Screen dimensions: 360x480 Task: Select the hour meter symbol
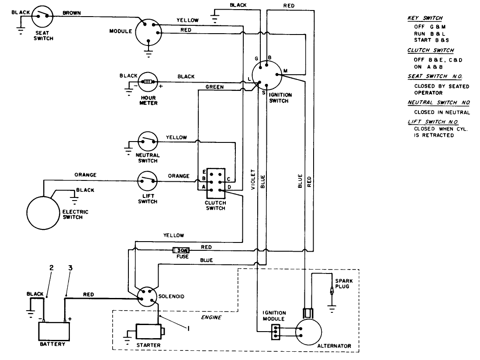pyautogui.click(x=148, y=82)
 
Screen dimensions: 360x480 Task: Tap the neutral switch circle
pyautogui.click(x=148, y=141)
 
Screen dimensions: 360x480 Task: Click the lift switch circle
pyautogui.click(x=148, y=180)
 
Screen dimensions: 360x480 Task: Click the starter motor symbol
pyautogui.click(x=149, y=331)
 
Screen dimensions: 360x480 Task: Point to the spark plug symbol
pyautogui.click(x=333, y=290)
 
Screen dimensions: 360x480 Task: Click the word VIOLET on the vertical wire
pyautogui.click(x=253, y=180)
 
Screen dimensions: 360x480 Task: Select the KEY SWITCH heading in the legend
pyautogui.click(x=425, y=18)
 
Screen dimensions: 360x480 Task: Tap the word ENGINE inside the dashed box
pyautogui.click(x=211, y=318)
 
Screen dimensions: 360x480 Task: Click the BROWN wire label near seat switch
pyautogui.click(x=72, y=13)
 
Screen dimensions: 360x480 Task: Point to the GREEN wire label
pyautogui.click(x=214, y=87)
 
